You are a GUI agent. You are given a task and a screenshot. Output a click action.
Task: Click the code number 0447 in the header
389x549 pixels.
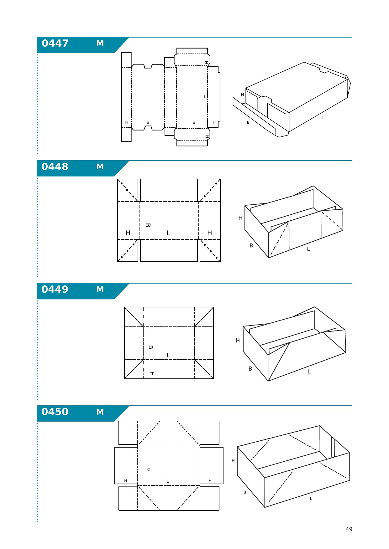click(55, 43)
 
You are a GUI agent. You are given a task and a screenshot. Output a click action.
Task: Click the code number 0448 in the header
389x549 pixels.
click(55, 167)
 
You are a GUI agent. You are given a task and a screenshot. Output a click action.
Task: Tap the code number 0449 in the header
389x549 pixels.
click(55, 289)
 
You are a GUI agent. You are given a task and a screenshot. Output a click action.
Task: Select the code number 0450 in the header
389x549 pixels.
click(55, 412)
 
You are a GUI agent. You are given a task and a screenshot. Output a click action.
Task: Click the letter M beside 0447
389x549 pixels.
click(100, 44)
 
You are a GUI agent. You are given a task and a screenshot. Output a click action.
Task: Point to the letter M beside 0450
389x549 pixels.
click(100, 412)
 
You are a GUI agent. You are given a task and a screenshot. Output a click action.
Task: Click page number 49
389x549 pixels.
click(349, 529)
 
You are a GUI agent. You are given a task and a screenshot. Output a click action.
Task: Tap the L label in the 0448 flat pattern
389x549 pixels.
click(168, 233)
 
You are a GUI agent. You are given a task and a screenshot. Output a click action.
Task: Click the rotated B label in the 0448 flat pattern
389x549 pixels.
click(148, 225)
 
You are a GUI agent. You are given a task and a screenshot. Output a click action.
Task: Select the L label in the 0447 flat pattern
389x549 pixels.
click(205, 96)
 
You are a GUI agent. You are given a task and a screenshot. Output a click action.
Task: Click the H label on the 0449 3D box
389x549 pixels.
click(238, 341)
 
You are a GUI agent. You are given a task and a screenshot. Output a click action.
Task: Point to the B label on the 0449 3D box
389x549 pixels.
click(250, 369)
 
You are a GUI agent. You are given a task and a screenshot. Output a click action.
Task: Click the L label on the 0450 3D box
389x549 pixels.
click(311, 498)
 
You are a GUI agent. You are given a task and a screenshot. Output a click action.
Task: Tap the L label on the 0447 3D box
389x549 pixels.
click(323, 118)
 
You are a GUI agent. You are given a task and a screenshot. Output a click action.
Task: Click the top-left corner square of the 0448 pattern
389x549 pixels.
click(128, 190)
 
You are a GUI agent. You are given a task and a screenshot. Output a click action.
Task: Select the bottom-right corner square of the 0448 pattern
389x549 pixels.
click(210, 250)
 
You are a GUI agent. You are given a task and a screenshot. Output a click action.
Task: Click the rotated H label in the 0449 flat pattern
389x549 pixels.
click(152, 374)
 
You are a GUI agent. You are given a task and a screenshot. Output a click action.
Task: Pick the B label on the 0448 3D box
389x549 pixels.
click(251, 246)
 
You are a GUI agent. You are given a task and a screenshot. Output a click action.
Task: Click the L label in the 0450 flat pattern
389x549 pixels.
click(168, 481)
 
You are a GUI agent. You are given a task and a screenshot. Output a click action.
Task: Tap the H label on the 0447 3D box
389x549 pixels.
click(242, 95)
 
